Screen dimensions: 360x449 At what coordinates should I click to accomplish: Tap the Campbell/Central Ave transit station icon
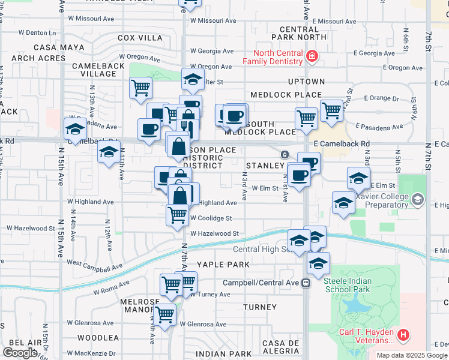[306, 283]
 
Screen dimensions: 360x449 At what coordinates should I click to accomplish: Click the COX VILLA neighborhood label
[136, 37]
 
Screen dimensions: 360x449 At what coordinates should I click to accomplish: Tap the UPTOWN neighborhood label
[306, 82]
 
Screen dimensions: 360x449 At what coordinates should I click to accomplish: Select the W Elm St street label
[265, 188]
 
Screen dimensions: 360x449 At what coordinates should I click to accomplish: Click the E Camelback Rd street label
[342, 144]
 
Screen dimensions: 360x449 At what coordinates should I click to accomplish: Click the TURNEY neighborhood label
[260, 307]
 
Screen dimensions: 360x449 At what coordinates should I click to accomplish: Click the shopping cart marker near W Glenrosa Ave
[164, 314]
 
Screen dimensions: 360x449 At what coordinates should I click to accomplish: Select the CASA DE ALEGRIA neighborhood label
[280, 347]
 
